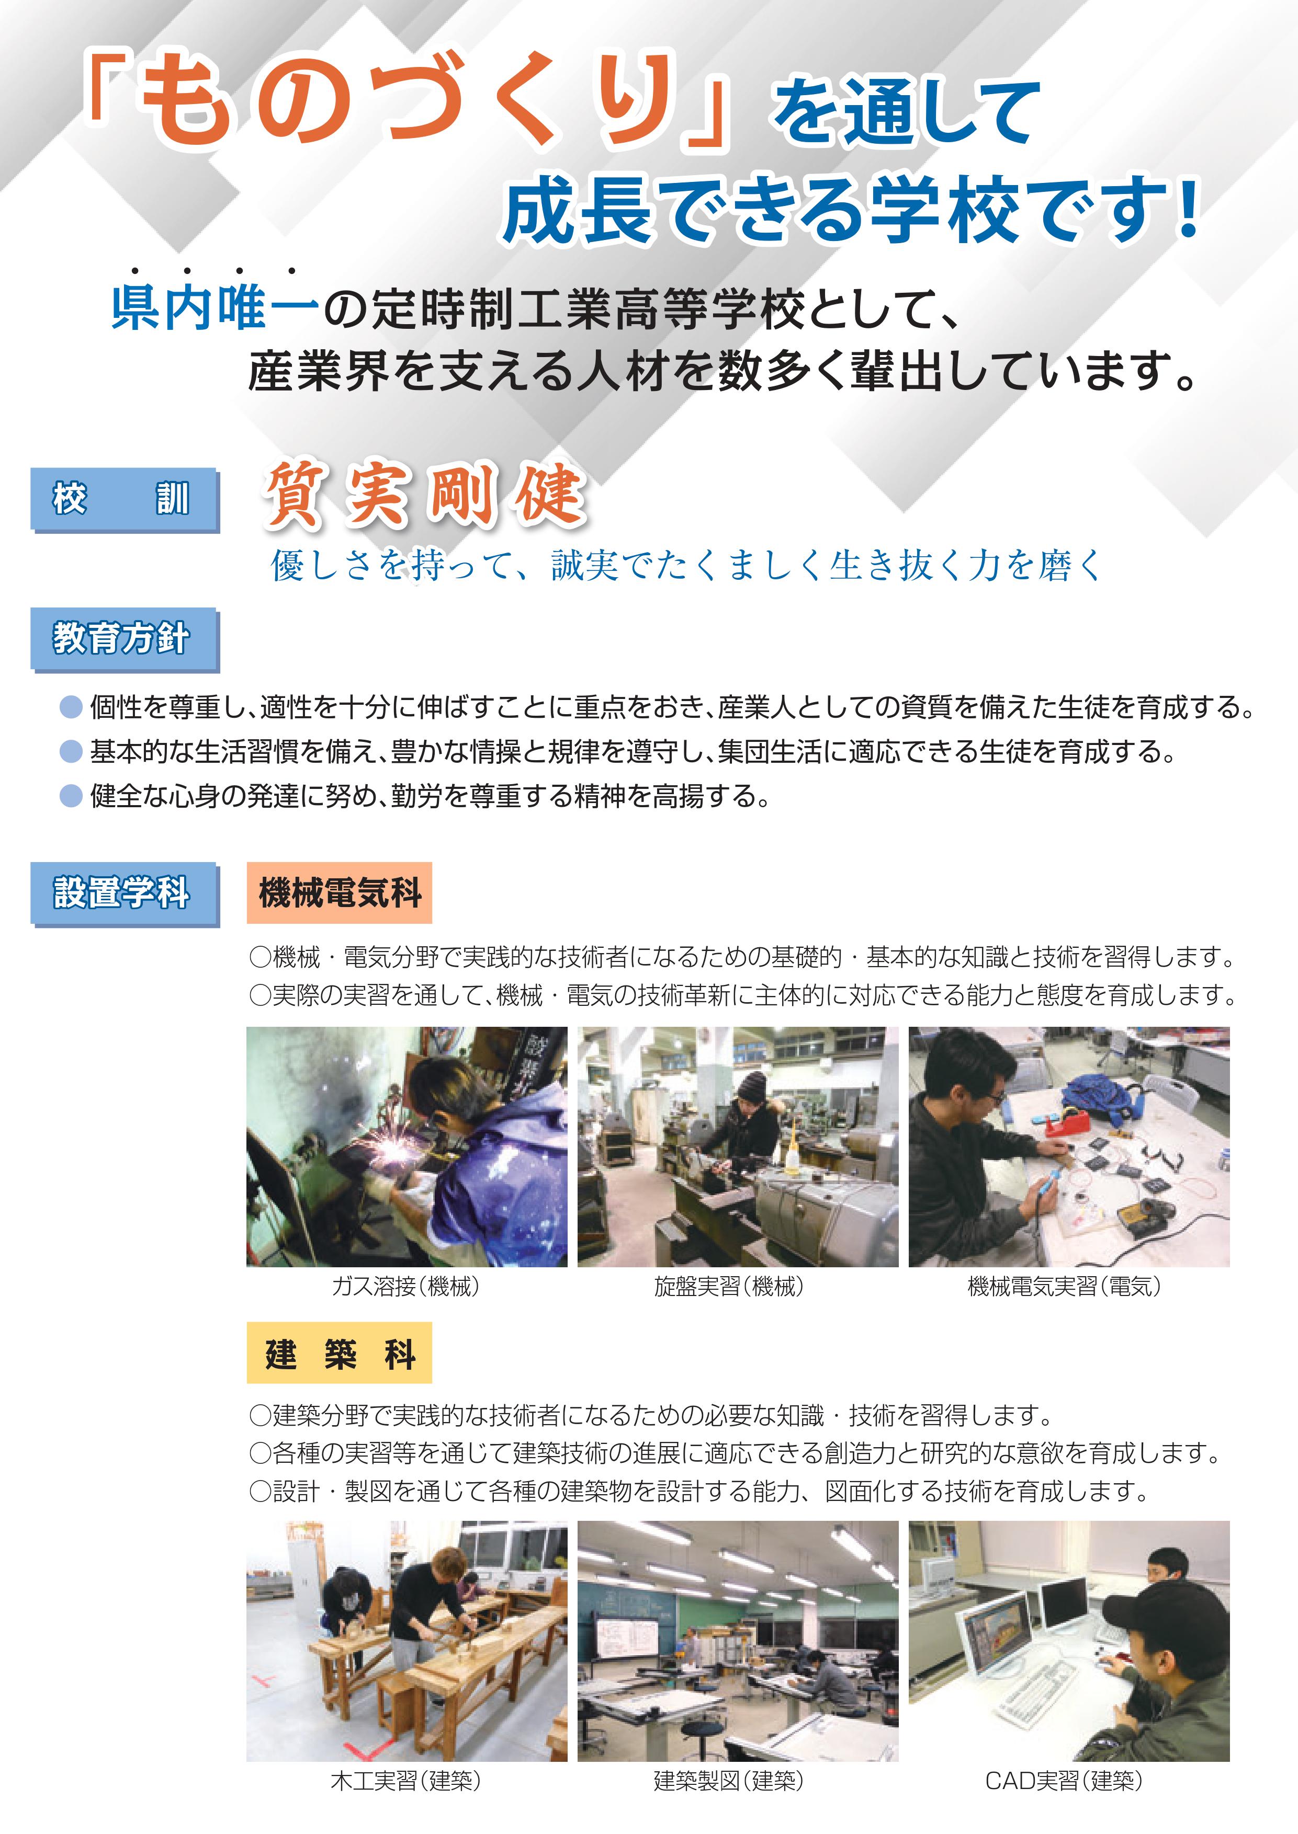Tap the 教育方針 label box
pos(124,638)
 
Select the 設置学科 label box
pos(124,892)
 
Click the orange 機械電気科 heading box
pos(339,892)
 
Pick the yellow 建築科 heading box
pos(339,1353)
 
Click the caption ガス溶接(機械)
pos(405,1286)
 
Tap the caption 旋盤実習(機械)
pos(729,1286)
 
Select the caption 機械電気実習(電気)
pos(1064,1286)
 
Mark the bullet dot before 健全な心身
pos(71,796)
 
